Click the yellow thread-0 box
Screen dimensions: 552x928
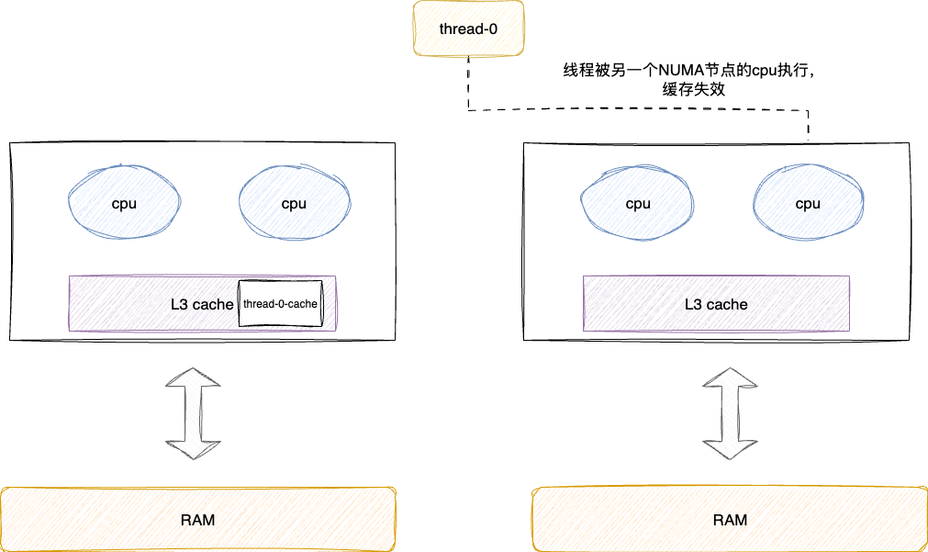click(468, 28)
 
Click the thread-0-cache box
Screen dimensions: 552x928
click(280, 303)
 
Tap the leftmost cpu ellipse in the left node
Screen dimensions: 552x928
click(124, 204)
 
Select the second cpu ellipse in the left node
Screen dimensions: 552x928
click(294, 204)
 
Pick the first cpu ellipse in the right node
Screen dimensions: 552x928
click(638, 204)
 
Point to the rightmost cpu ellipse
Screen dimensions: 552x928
click(808, 204)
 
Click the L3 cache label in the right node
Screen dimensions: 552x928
click(716, 304)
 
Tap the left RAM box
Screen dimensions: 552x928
click(197, 520)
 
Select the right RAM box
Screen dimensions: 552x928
click(730, 520)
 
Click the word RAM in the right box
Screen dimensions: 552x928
click(730, 520)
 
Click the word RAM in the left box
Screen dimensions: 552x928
click(197, 520)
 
